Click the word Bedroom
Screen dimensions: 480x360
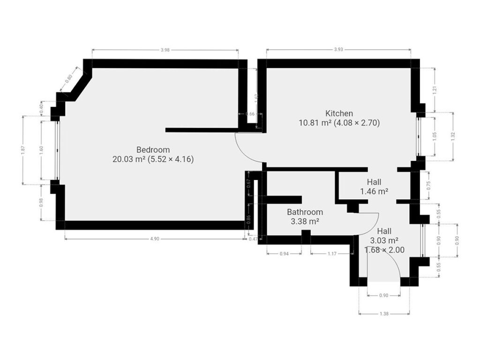point(153,150)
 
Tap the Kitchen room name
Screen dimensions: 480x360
point(339,113)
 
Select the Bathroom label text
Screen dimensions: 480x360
point(305,212)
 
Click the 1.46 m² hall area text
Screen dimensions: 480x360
point(374,192)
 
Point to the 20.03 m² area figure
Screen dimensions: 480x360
point(128,159)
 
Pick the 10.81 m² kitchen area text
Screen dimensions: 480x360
point(315,123)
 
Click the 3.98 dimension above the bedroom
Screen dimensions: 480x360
point(165,50)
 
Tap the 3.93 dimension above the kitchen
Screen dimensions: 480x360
point(338,50)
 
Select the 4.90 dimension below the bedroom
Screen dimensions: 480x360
point(155,239)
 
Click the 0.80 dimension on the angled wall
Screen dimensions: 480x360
point(68,79)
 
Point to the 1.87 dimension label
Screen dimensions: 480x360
point(23,150)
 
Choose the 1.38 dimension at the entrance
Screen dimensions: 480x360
point(384,314)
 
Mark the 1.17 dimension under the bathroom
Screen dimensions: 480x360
point(332,254)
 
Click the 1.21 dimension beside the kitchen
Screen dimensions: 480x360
point(435,90)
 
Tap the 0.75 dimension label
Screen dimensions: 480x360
point(428,186)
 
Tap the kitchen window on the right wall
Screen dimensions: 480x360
point(419,137)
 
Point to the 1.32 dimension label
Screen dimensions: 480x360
point(453,136)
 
